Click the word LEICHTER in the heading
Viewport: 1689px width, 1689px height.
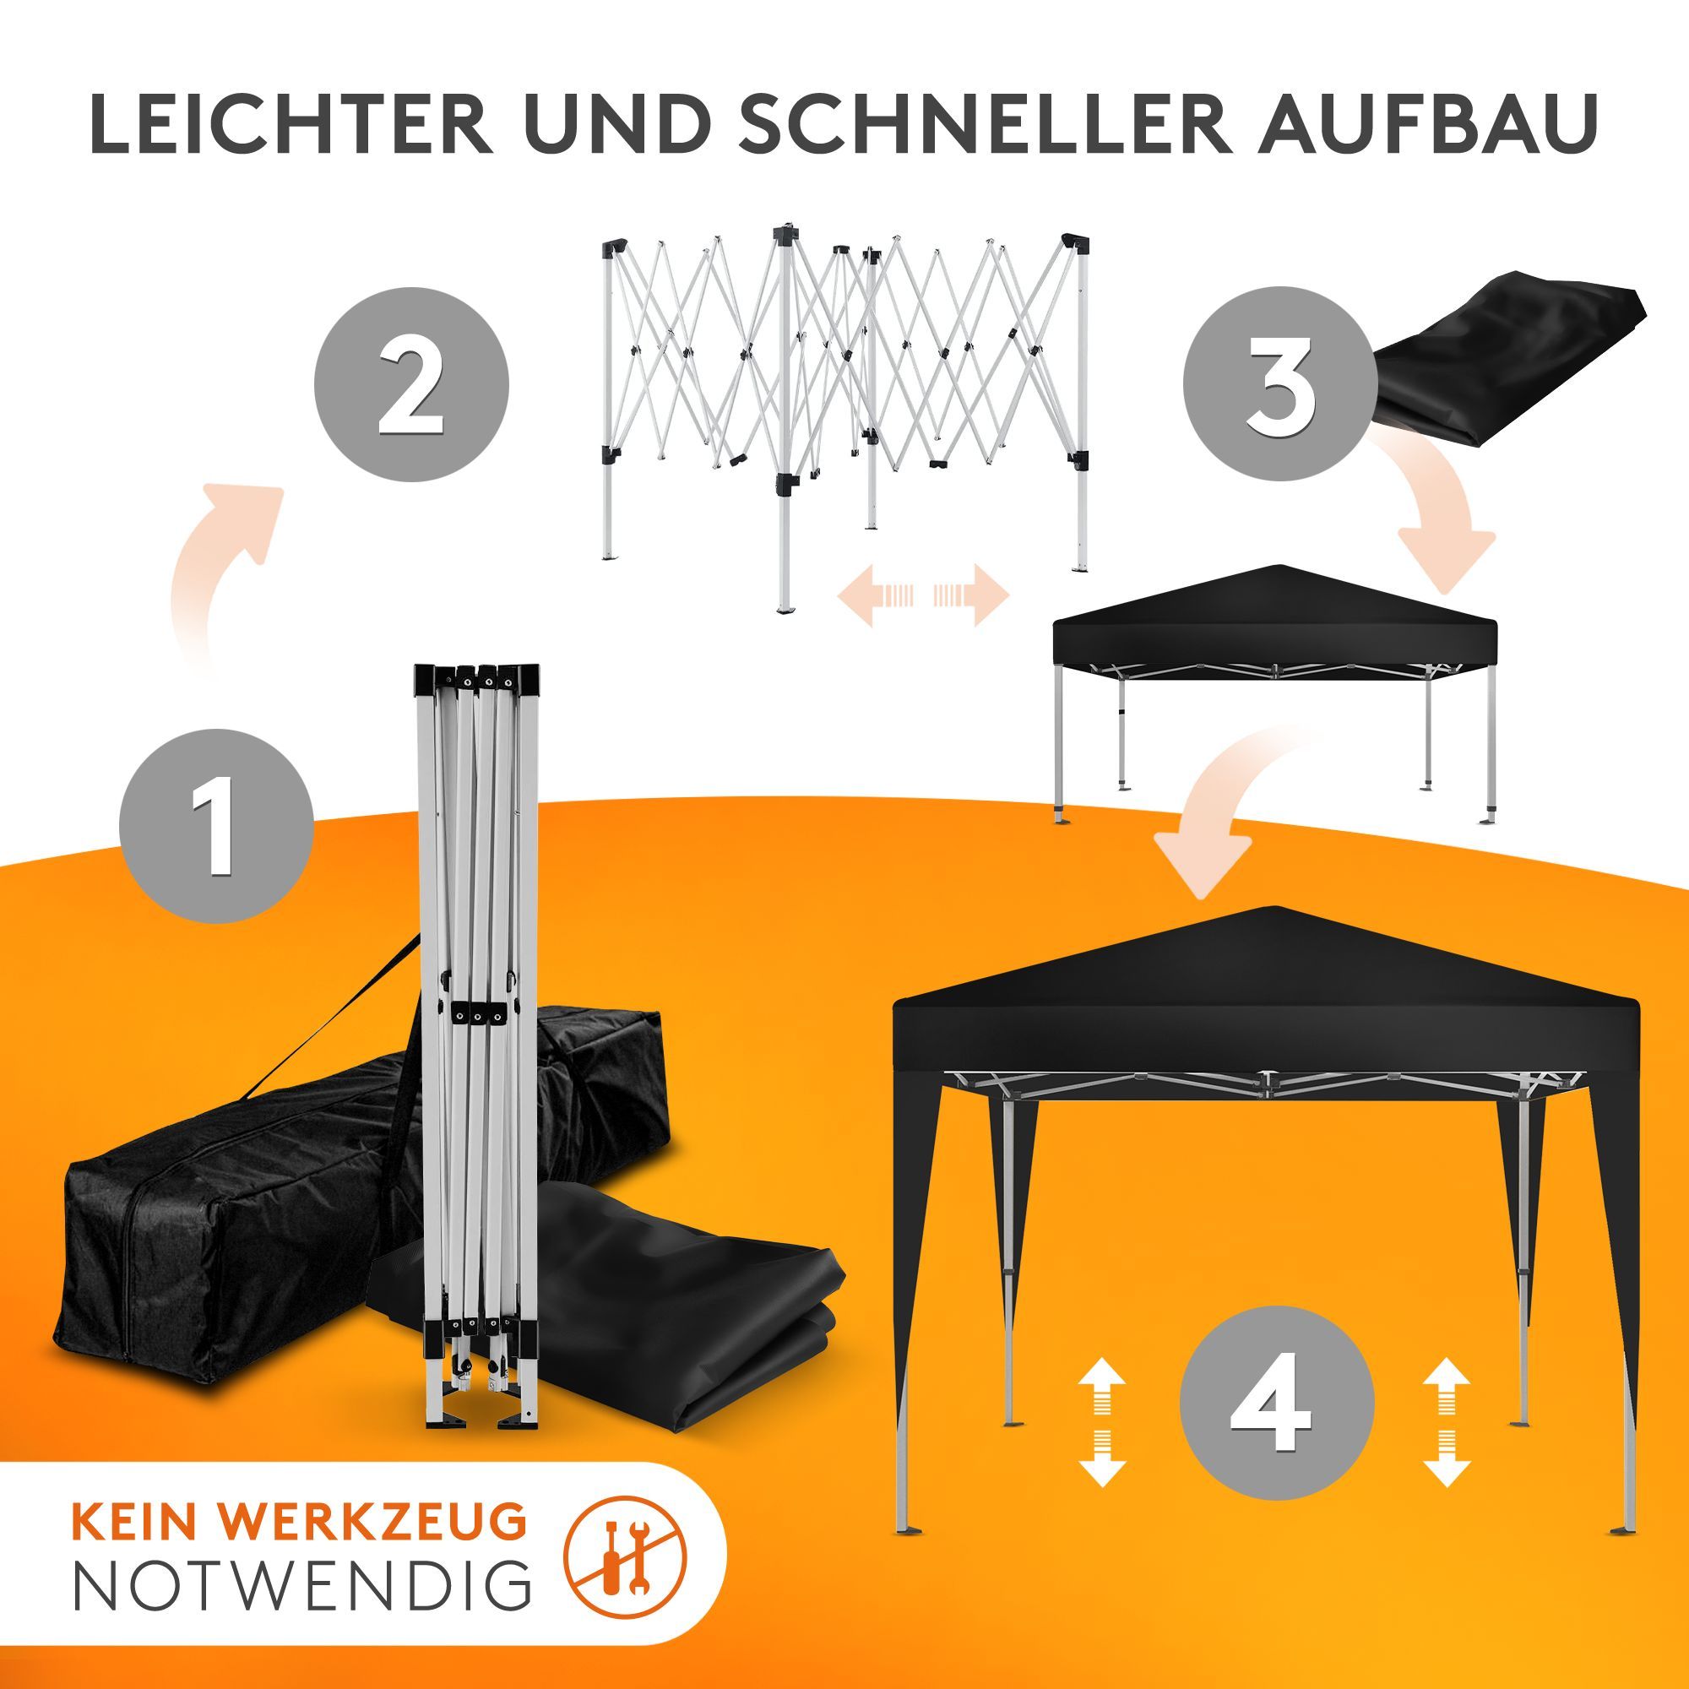coord(292,124)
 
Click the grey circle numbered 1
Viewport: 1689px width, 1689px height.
coord(217,825)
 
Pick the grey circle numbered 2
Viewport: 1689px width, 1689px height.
coord(411,384)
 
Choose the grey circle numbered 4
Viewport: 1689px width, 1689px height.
coord(1276,1403)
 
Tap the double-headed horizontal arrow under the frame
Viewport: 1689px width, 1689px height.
coord(924,595)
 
